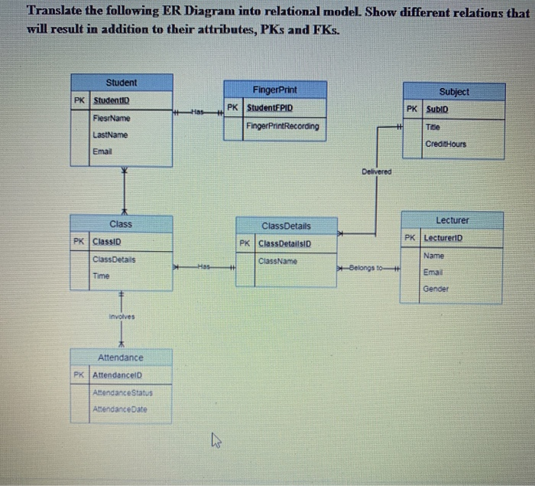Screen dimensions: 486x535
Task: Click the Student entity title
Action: pyautogui.click(x=122, y=83)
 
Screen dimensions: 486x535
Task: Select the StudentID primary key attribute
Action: pyautogui.click(x=112, y=101)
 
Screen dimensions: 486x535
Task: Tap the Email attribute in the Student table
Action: pyautogui.click(x=102, y=152)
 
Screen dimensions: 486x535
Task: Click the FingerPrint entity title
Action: pyautogui.click(x=274, y=90)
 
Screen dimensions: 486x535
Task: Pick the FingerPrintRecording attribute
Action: pyautogui.click(x=283, y=126)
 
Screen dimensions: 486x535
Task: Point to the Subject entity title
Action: pyautogui.click(x=455, y=92)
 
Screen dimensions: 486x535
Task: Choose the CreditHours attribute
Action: pyautogui.click(x=446, y=144)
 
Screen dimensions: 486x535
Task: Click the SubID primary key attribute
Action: pyautogui.click(x=437, y=109)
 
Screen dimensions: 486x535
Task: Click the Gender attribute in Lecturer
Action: pyautogui.click(x=436, y=289)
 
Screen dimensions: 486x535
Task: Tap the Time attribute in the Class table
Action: pyautogui.click(x=101, y=276)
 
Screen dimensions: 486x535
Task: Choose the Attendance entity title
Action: pyautogui.click(x=120, y=357)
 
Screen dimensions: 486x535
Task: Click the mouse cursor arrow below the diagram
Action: pyautogui.click(x=215, y=439)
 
